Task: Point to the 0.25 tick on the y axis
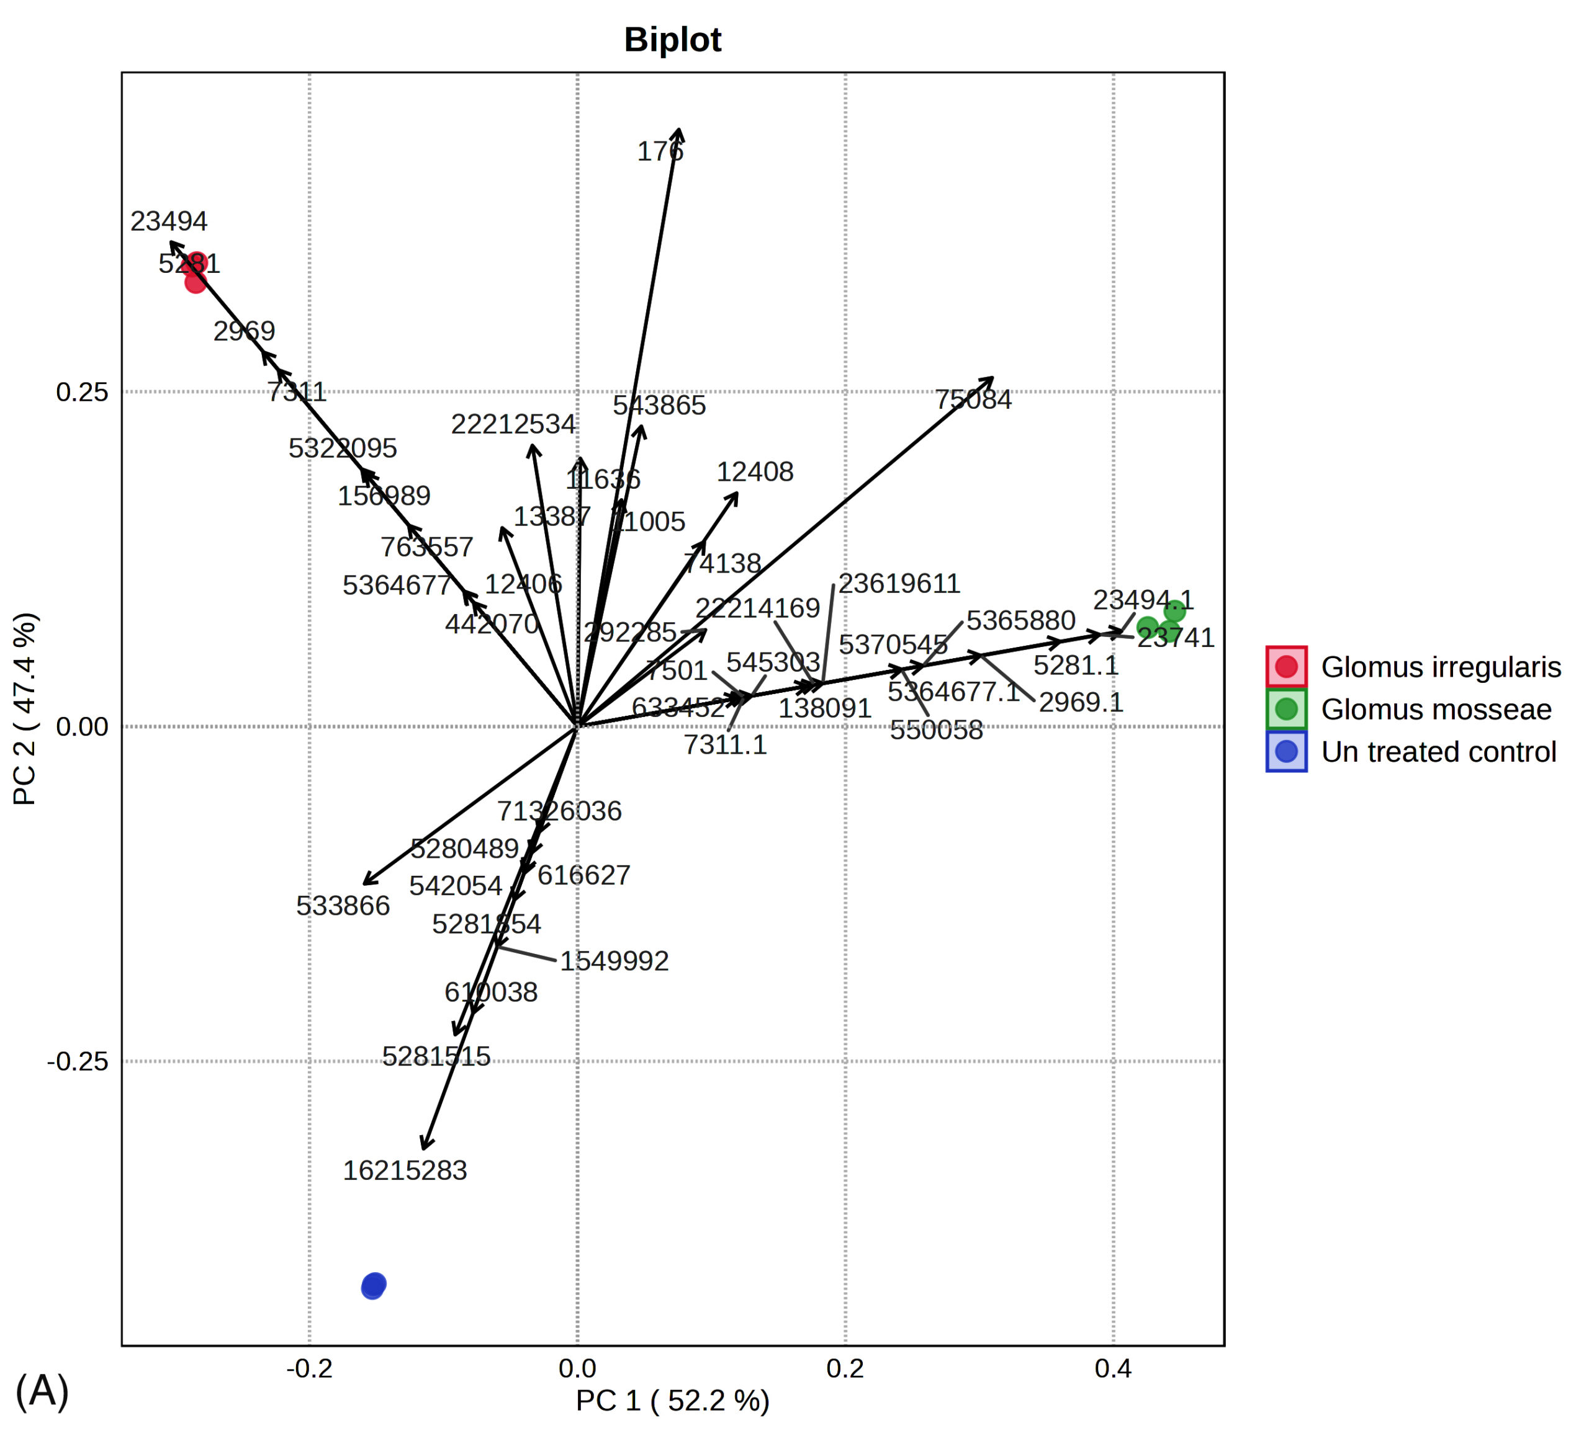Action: click(x=82, y=391)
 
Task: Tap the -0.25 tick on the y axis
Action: click(x=78, y=1061)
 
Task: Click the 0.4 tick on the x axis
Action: click(x=1113, y=1369)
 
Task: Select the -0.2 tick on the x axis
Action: click(x=309, y=1369)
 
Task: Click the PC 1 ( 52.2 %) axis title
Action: click(x=673, y=1401)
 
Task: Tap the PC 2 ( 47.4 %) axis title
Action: click(x=25, y=709)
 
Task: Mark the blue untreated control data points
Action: click(x=374, y=1285)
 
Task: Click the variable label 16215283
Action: click(x=405, y=1170)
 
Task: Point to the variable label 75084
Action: click(x=973, y=399)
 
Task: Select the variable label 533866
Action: click(x=343, y=906)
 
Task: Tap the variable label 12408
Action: click(x=755, y=472)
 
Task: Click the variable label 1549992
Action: click(x=614, y=961)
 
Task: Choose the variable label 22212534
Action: click(x=513, y=424)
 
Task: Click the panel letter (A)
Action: click(x=42, y=1390)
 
